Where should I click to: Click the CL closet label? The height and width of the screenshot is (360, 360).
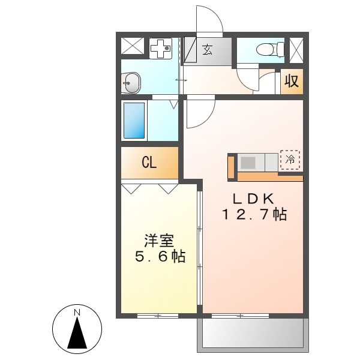149,163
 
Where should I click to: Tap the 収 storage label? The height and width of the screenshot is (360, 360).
292,80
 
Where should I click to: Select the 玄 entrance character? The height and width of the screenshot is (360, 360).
207,50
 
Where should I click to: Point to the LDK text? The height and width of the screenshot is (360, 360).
254,199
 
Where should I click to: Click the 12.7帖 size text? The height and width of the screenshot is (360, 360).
254,214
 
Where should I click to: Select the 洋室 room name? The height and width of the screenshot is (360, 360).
158,241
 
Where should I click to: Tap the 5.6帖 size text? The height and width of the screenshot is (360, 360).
158,257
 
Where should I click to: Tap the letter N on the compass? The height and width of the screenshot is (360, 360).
77,313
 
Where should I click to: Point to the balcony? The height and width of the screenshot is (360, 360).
252,332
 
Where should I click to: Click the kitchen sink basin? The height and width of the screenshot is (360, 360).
248,162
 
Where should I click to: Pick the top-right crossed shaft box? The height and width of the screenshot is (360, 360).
296,49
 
